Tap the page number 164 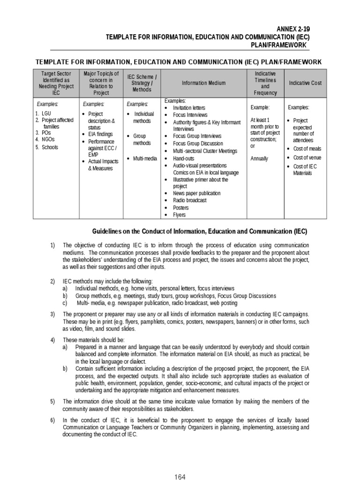pos(180,477)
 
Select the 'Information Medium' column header pos(203,83)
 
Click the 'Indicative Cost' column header pos(305,83)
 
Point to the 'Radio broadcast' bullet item pos(190,200)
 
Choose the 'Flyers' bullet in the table pos(180,215)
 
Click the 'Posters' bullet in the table pos(181,208)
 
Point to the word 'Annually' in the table pos(259,158)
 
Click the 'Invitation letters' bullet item pos(189,108)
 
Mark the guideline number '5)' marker pos(52,401)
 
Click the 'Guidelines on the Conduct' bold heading pos(199,231)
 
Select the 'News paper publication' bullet pos(197,193)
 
